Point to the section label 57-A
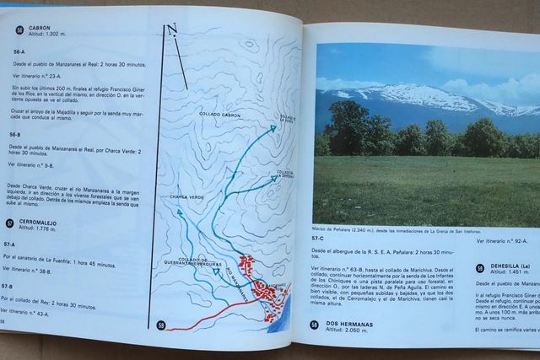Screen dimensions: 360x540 pyautogui.click(x=11, y=244)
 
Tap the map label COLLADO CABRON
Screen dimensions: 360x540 pyautogui.click(x=219, y=114)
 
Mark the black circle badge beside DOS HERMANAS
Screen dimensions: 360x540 pyautogui.click(x=313, y=325)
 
